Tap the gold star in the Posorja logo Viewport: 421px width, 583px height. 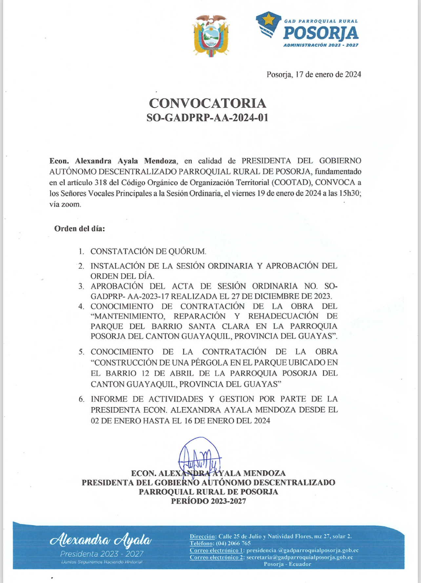(x=269, y=19)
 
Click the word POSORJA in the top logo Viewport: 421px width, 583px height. (x=321, y=33)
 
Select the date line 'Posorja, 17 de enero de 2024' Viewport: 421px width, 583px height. (x=313, y=74)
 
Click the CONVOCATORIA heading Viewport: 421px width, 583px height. (x=208, y=103)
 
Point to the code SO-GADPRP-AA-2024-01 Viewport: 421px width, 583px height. (x=208, y=118)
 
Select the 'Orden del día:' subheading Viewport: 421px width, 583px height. (x=80, y=229)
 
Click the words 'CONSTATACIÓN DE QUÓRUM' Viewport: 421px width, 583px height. (x=148, y=252)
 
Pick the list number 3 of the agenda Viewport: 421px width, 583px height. (x=81, y=286)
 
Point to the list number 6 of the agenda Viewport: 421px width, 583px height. (x=81, y=399)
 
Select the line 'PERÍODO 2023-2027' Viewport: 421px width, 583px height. (x=208, y=501)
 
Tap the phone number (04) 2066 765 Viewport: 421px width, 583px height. (x=233, y=543)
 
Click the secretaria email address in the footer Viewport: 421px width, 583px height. (x=300, y=557)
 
